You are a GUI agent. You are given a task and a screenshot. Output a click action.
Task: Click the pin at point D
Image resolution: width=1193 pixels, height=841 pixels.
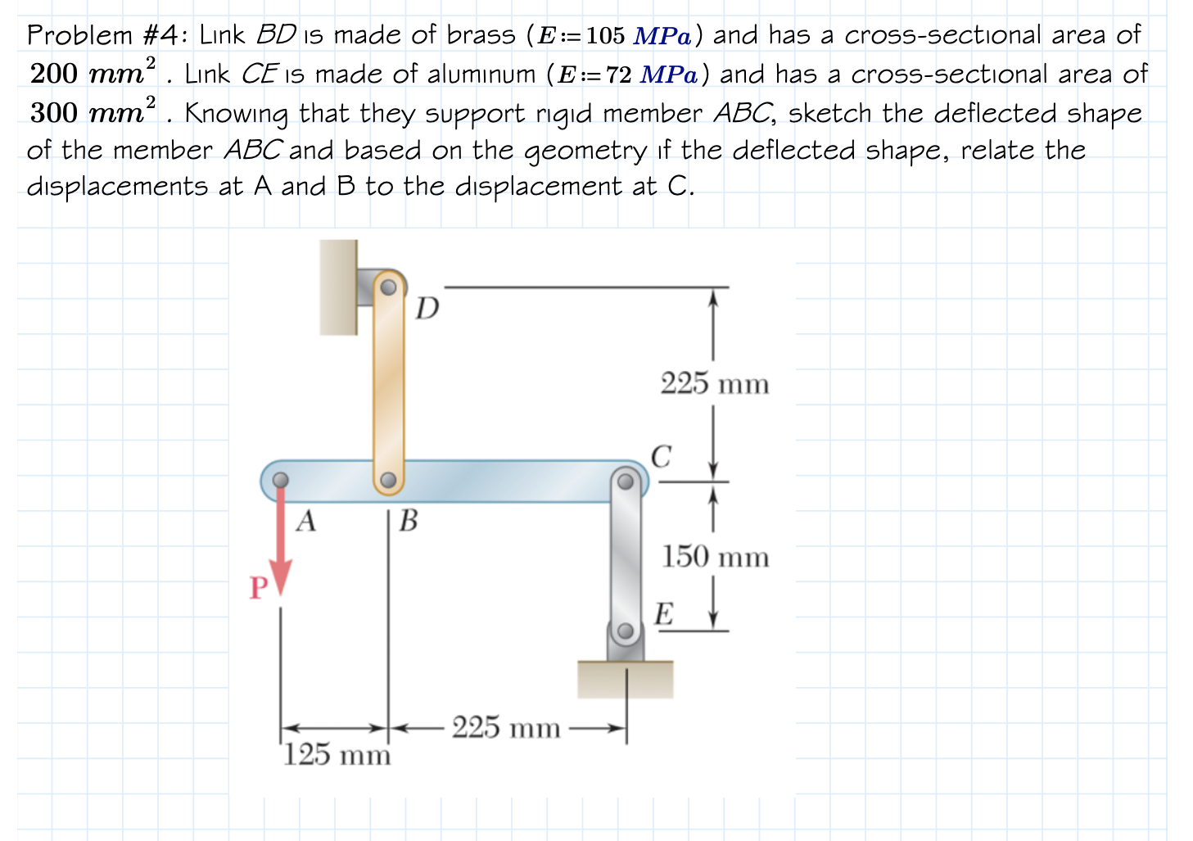(x=389, y=287)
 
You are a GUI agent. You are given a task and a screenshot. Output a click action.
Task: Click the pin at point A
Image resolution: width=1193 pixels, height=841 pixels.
(x=280, y=480)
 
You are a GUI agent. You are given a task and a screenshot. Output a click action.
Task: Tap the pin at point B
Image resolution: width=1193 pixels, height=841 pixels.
(x=389, y=480)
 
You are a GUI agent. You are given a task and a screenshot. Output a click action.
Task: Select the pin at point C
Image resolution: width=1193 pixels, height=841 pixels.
(x=626, y=481)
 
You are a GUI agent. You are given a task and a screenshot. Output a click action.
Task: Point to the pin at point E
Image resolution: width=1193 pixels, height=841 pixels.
(x=626, y=631)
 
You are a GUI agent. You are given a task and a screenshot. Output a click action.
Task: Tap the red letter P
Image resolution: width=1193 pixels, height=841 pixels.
(x=258, y=588)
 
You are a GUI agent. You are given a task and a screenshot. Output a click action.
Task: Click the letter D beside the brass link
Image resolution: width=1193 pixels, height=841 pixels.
(x=427, y=309)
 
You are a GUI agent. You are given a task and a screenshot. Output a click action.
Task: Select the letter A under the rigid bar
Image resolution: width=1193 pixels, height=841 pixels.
(x=305, y=521)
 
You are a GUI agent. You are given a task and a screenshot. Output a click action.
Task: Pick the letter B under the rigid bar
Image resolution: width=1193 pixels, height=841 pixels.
(x=408, y=521)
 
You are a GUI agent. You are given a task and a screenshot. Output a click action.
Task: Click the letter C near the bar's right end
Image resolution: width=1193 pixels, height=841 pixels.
(x=661, y=456)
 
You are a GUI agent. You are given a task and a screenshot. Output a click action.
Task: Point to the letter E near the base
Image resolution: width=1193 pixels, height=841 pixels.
(x=663, y=614)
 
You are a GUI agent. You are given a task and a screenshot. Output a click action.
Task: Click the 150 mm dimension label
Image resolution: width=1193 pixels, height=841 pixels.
(x=715, y=558)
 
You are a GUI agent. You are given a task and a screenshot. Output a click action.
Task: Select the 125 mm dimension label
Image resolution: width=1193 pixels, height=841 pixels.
(x=337, y=754)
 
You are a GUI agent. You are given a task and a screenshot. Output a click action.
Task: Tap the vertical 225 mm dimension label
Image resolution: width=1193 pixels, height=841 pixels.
(x=715, y=383)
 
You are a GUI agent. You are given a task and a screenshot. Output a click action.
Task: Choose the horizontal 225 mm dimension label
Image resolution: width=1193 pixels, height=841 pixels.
(x=506, y=727)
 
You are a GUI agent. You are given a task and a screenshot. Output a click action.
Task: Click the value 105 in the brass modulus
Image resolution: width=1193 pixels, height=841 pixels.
(x=605, y=36)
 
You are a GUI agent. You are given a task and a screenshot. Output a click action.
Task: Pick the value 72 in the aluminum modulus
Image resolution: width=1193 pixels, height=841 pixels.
(x=618, y=75)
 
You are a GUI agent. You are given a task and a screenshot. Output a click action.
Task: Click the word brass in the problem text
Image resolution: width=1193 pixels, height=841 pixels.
(x=481, y=35)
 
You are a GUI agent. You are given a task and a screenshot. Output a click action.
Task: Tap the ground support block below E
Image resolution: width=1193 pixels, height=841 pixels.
(x=626, y=679)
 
